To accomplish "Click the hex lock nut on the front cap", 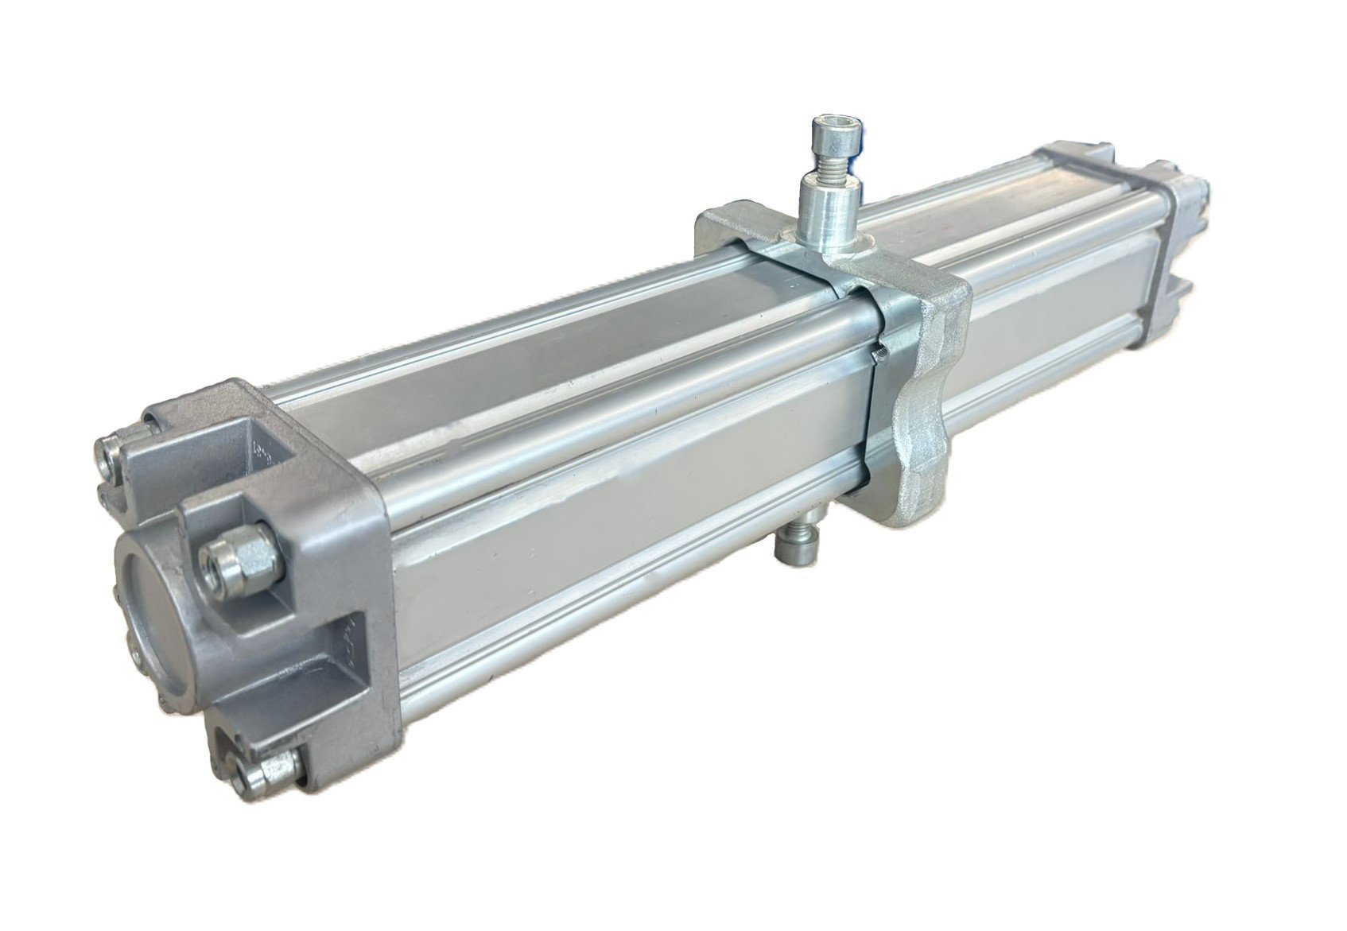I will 240,560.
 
